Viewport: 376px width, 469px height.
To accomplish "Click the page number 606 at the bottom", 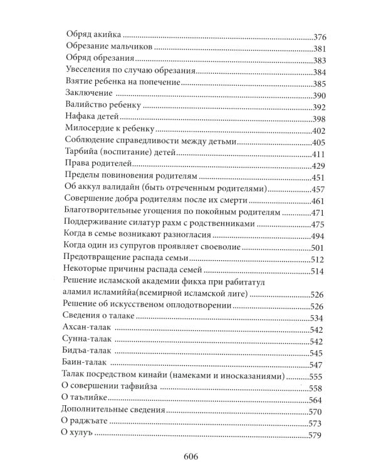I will pos(188,455).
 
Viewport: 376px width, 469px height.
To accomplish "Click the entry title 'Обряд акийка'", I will pos(94,37).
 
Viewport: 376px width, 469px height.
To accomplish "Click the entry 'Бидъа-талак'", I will pos(90,353).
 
